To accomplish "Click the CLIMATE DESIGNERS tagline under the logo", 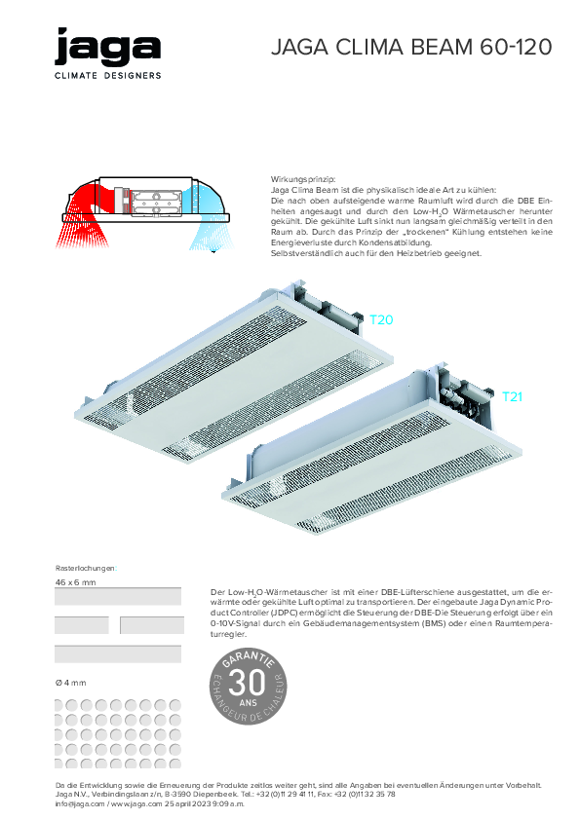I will click(x=108, y=75).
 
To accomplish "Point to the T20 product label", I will click(x=381, y=319).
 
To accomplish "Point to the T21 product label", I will click(x=513, y=396).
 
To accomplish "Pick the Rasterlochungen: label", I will click(x=86, y=567).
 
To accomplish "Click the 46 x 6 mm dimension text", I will click(x=75, y=581).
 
